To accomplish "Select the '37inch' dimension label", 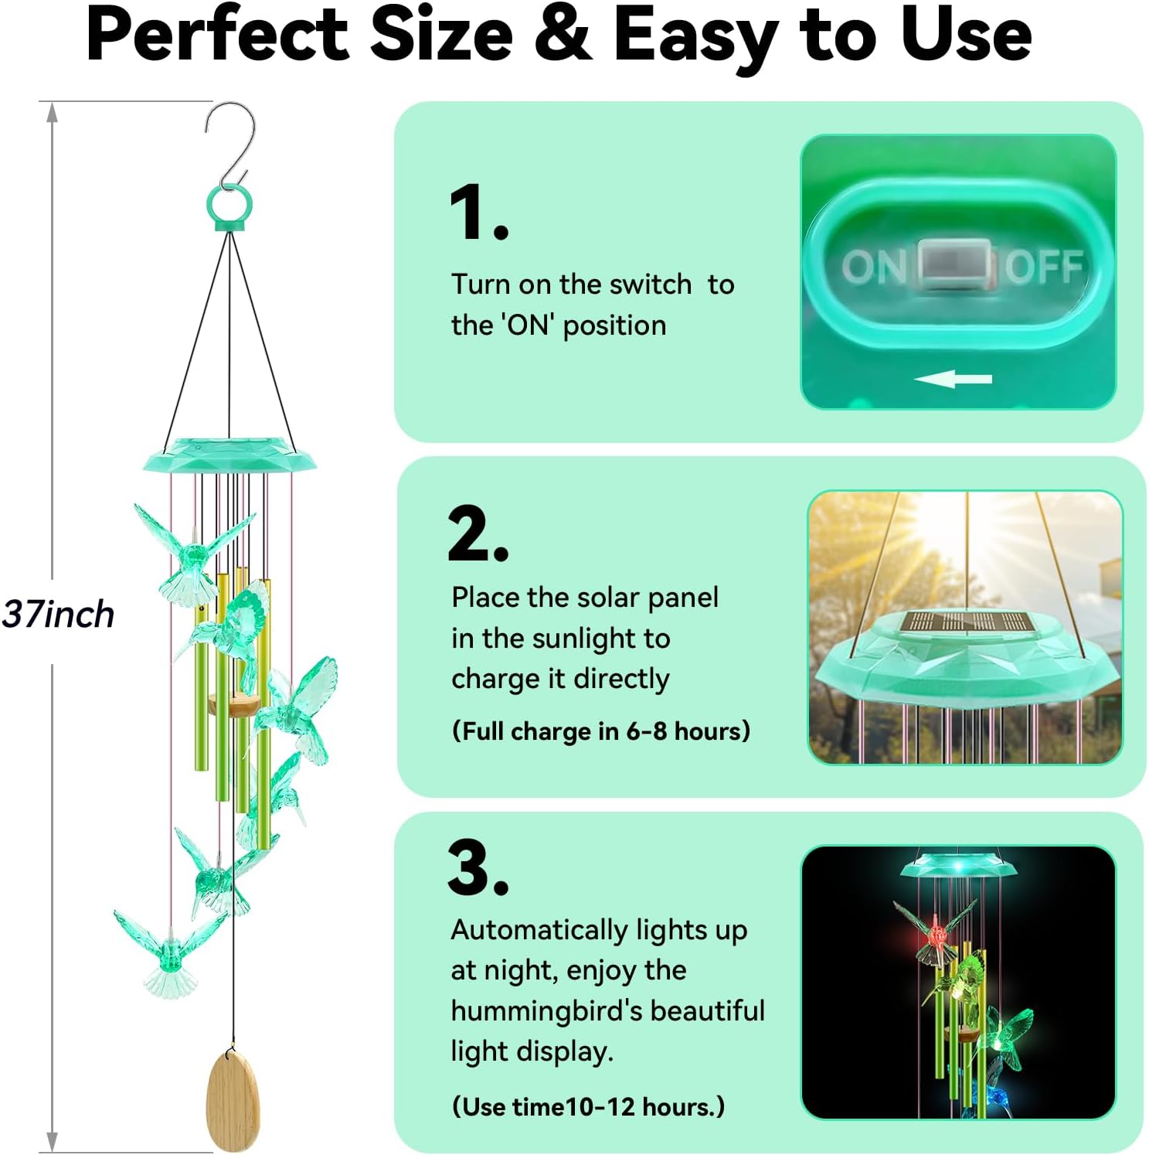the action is click(x=58, y=615).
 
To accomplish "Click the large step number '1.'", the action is click(x=478, y=213).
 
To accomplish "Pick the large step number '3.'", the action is click(x=478, y=867).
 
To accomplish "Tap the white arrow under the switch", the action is click(x=953, y=379).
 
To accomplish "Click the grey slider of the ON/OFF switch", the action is click(x=955, y=265).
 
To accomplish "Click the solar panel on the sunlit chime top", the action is click(x=967, y=622).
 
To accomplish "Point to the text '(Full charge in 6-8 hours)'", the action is click(x=601, y=731).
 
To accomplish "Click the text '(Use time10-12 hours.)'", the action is click(x=588, y=1106).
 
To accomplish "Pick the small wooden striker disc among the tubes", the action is click(x=234, y=704).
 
